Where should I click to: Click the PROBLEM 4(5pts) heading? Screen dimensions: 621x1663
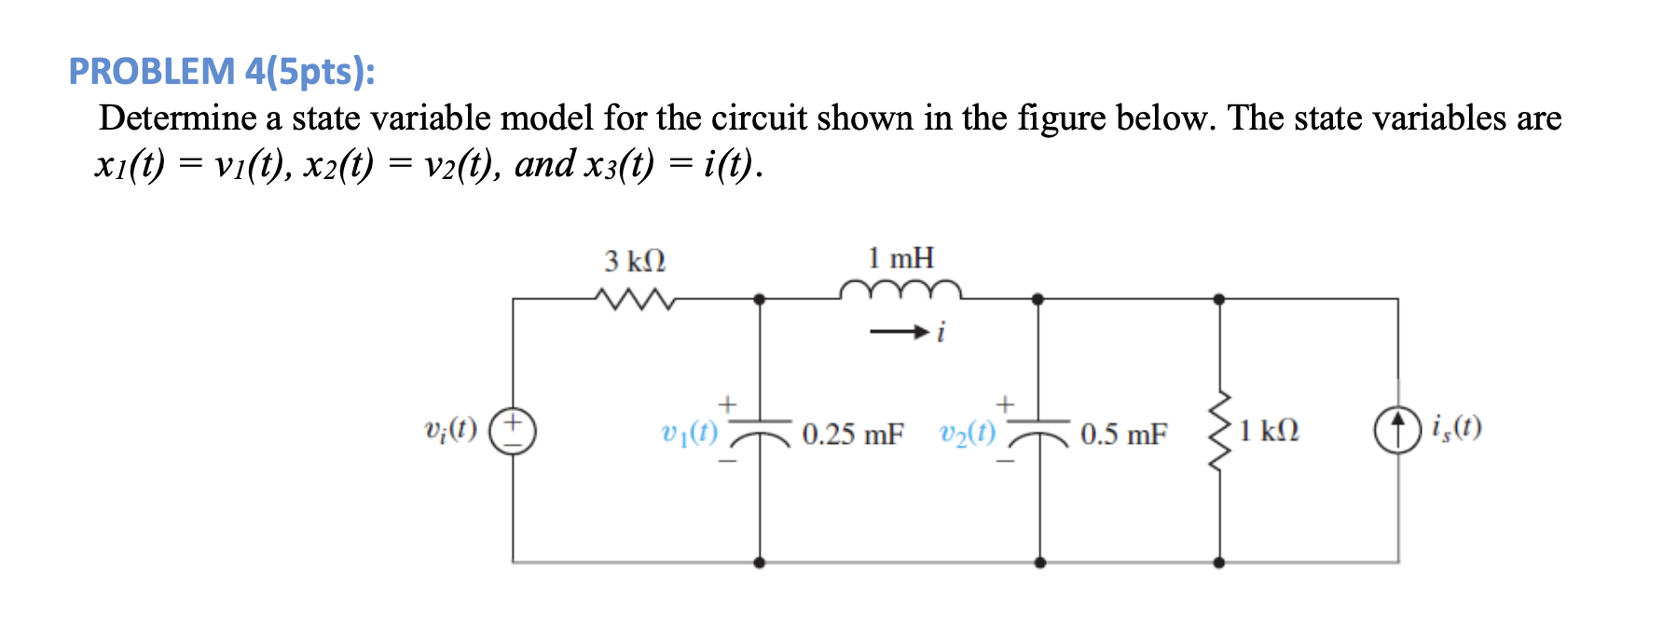pos(222,72)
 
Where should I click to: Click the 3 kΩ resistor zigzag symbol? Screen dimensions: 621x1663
pos(635,299)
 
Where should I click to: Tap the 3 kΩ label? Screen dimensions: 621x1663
pos(635,261)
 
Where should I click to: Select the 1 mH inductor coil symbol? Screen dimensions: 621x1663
pos(900,289)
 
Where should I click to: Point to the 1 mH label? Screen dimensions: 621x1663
pos(900,258)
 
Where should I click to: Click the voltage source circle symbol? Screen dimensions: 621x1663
pos(513,431)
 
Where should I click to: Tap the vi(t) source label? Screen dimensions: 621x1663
pos(450,430)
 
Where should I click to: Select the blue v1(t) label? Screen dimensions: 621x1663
pos(690,433)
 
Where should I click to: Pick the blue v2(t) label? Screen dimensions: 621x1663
pos(968,433)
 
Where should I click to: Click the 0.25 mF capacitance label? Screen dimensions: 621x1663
pos(853,435)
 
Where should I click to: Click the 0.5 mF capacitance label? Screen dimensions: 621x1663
pos(1123,435)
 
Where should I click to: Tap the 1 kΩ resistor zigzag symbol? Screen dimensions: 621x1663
pos(1219,431)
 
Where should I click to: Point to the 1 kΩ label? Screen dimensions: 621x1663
pos(1269,431)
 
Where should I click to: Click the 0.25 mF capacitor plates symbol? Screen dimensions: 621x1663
pos(760,430)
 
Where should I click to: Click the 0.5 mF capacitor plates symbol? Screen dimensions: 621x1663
pos(1039,430)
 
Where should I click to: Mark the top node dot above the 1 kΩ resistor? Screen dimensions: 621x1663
pos(1219,299)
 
